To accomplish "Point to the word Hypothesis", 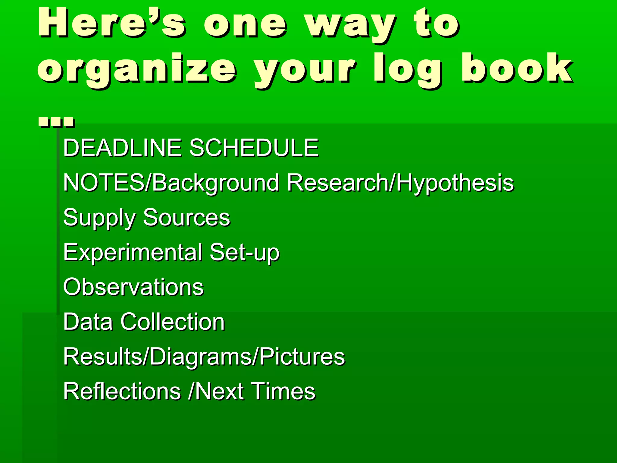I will coord(455,183).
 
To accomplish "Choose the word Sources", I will coord(186,218).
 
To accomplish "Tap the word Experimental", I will coord(133,253).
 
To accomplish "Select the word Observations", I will coord(133,287).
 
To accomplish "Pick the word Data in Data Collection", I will coord(88,322).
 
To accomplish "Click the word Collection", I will coord(173,322).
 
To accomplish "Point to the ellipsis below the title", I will coord(56,122).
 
